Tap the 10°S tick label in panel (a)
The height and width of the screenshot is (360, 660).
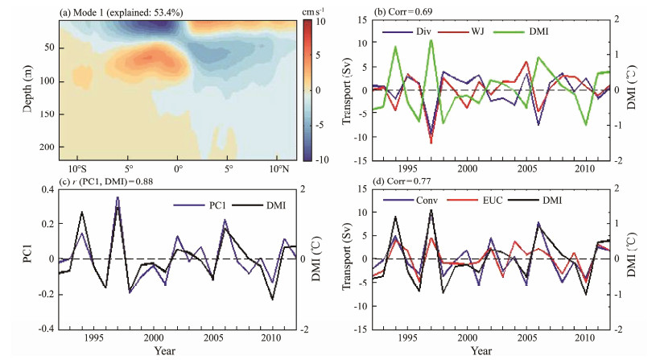pos(78,170)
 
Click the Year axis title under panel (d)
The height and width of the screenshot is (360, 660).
pos(481,352)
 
